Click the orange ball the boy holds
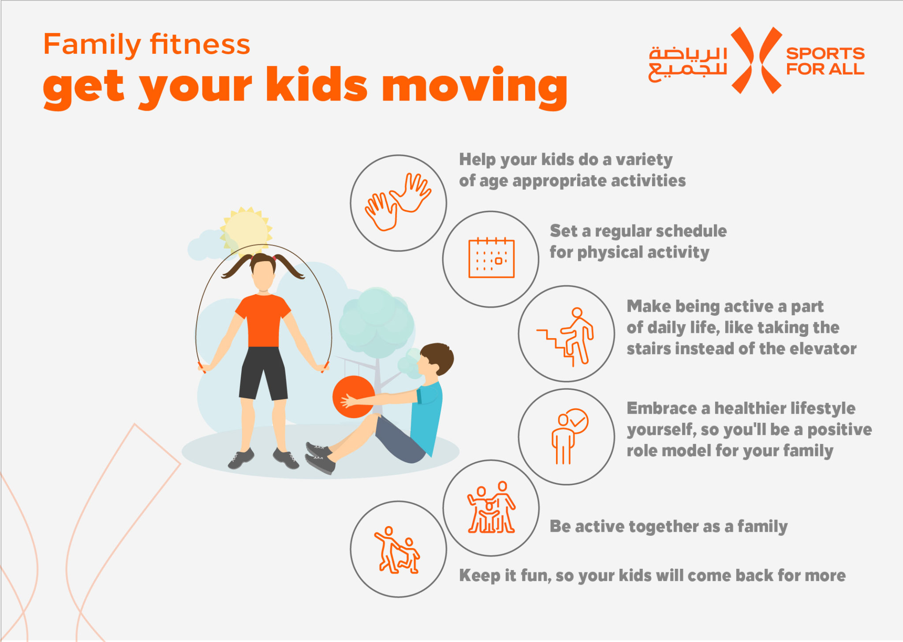pos(353,397)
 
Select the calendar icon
pos(491,258)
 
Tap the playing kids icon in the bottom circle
pos(397,550)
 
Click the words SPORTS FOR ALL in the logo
pos(825,61)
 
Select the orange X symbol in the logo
pos(757,60)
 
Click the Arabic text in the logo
pos(687,63)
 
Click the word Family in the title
pos(92,45)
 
